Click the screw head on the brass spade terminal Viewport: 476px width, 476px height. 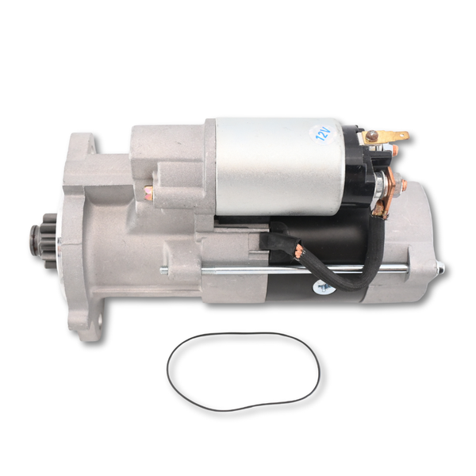pyautogui.click(x=372, y=136)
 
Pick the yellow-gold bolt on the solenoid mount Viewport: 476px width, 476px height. pyautogui.click(x=148, y=192)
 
